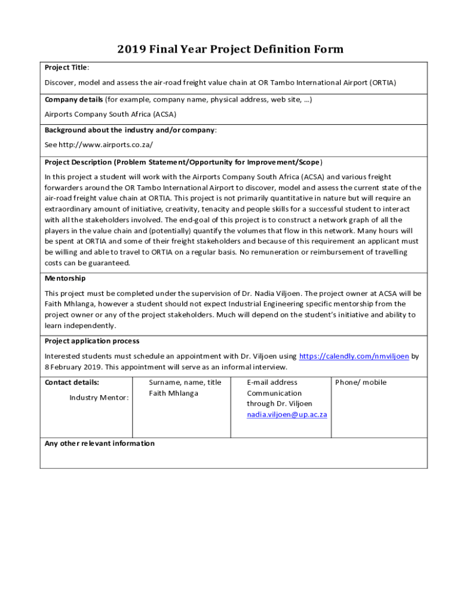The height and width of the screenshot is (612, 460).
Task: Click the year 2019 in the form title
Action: click(139, 49)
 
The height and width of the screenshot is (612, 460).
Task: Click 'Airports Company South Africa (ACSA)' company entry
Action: click(111, 114)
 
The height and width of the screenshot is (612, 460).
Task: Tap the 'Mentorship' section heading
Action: click(65, 279)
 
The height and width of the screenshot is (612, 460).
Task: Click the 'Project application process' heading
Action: click(92, 341)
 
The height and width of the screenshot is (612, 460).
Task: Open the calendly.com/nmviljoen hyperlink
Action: click(354, 356)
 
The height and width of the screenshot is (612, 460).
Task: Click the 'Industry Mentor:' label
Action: click(99, 397)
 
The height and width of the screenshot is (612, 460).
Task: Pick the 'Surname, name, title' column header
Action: click(185, 382)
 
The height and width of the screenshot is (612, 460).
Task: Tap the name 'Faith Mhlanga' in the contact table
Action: click(173, 393)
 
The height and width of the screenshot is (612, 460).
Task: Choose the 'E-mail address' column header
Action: click(272, 382)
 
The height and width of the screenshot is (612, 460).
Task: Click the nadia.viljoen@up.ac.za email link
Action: click(287, 415)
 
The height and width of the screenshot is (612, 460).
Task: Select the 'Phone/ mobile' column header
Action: click(361, 382)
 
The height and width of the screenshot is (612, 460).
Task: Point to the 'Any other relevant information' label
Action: click(100, 443)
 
